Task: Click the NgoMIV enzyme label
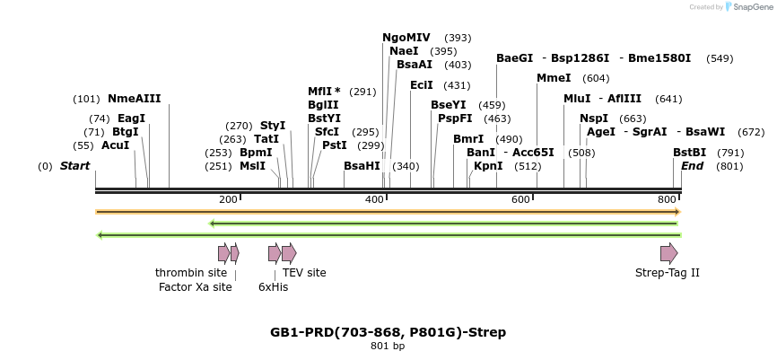pyautogui.click(x=406, y=38)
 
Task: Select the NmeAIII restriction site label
pyautogui.click(x=135, y=99)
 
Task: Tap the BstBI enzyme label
pyautogui.click(x=690, y=153)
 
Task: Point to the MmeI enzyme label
pyautogui.click(x=554, y=78)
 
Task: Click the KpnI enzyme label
pyautogui.click(x=488, y=166)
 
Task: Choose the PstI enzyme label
pyautogui.click(x=334, y=145)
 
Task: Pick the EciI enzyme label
pyautogui.click(x=422, y=85)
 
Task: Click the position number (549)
pyautogui.click(x=720, y=58)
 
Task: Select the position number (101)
pyautogui.click(x=87, y=99)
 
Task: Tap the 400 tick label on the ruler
pyautogui.click(x=375, y=199)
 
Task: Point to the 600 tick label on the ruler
pyautogui.click(x=521, y=199)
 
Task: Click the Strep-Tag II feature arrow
pyautogui.click(x=668, y=253)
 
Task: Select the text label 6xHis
pyautogui.click(x=273, y=287)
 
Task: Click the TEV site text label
pyautogui.click(x=304, y=273)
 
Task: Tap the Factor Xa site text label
pyautogui.click(x=195, y=287)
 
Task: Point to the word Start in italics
pyautogui.click(x=74, y=166)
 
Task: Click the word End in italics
pyautogui.click(x=692, y=166)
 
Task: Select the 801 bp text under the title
pyautogui.click(x=388, y=347)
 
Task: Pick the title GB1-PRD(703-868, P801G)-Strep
pyautogui.click(x=388, y=332)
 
